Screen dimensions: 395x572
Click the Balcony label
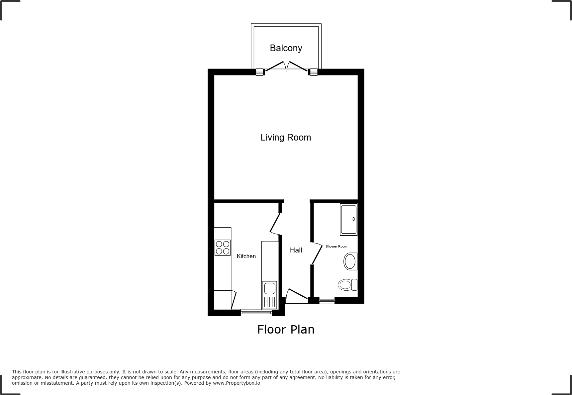point(286,48)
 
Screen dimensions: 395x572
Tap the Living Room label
point(286,138)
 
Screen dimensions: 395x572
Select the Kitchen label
point(246,256)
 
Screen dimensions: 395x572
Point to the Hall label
point(296,250)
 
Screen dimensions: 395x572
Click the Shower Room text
point(336,247)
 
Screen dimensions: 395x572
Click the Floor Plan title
point(286,330)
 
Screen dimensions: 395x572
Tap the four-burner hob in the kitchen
point(223,247)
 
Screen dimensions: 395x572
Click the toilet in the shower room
point(347,285)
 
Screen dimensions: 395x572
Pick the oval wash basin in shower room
point(350,261)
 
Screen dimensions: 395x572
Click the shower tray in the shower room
point(349,220)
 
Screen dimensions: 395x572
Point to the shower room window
point(327,301)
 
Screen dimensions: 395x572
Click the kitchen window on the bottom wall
point(256,312)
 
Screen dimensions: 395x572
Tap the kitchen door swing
point(275,224)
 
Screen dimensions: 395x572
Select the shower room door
point(317,254)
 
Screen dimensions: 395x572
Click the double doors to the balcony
point(286,66)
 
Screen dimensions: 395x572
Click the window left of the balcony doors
point(260,72)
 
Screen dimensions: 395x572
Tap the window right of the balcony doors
point(314,72)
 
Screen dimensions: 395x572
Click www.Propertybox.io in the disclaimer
point(237,383)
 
